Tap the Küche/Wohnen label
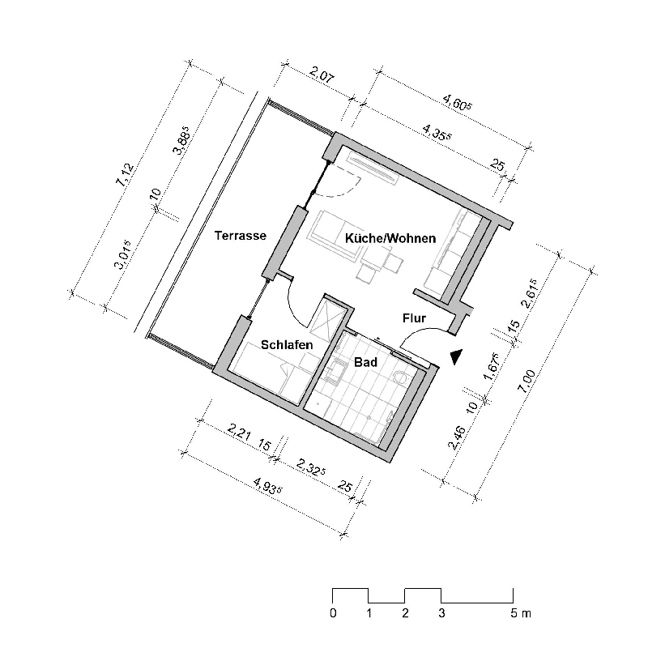point(390,239)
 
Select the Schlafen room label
point(287,345)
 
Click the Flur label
point(414,318)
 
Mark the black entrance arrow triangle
point(457,355)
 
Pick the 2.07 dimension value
point(322,79)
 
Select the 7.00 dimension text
point(531,381)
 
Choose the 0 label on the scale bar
point(333,613)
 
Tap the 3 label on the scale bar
point(441,613)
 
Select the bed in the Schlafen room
point(267,373)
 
